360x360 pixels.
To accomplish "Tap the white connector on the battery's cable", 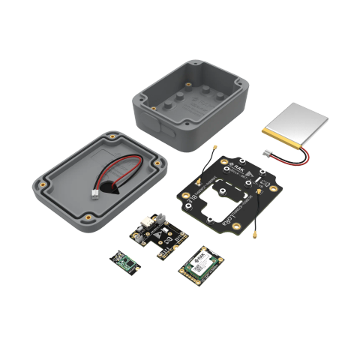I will [x=267, y=153].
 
